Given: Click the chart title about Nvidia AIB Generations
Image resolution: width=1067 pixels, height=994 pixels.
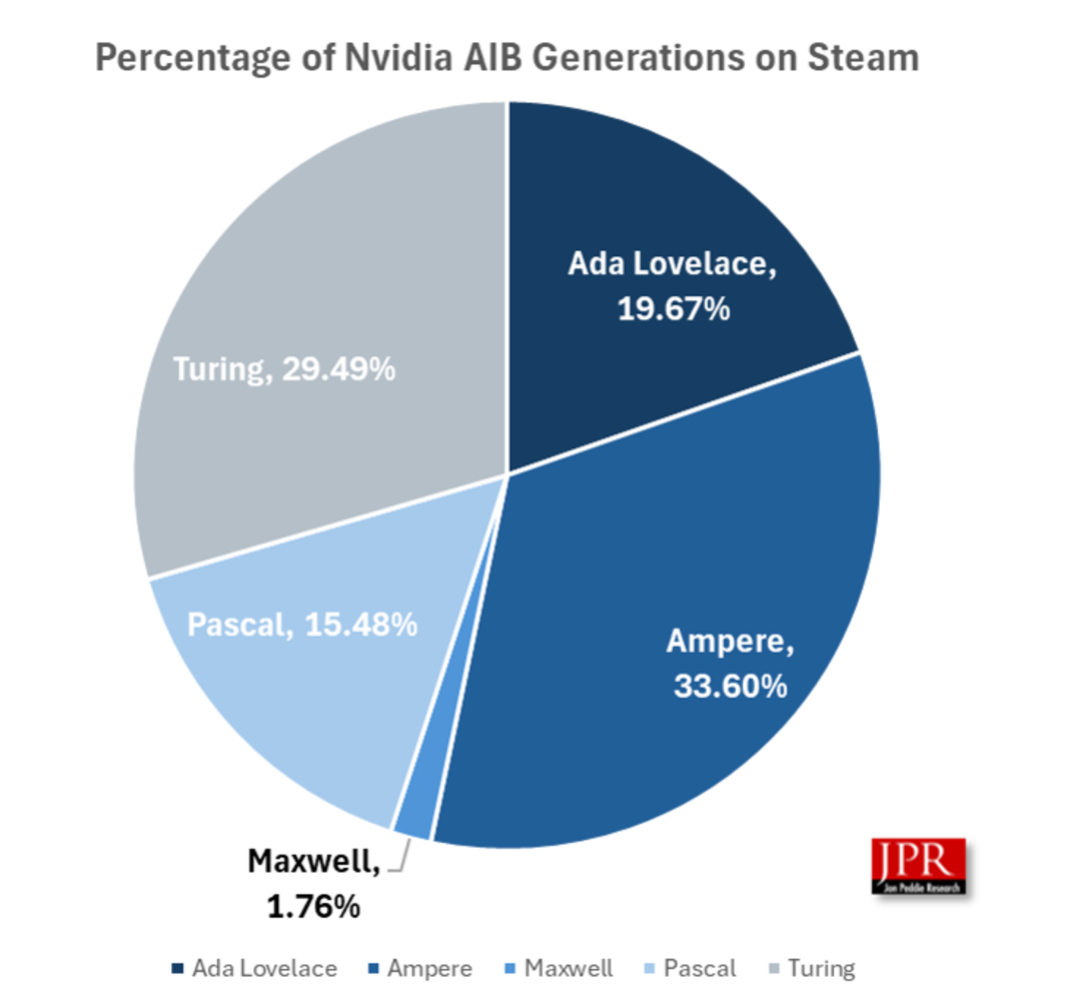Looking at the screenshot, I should click(x=507, y=57).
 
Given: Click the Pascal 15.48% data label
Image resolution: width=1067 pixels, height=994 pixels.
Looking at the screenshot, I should click(x=302, y=625).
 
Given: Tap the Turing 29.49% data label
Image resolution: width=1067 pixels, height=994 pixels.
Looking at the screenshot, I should click(x=284, y=369).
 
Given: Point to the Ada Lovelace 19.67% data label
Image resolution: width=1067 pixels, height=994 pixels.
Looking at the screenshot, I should click(x=673, y=286).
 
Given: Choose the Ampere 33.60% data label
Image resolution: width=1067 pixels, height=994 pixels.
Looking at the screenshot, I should click(x=730, y=663).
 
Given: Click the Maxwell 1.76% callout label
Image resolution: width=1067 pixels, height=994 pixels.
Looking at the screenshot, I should click(x=314, y=883).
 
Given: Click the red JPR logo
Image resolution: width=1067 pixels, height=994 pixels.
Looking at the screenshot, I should click(x=918, y=866).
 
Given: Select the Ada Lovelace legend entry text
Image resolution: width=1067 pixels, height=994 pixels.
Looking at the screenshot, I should click(x=265, y=968).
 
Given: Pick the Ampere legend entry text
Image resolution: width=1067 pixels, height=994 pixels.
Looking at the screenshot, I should click(x=429, y=968).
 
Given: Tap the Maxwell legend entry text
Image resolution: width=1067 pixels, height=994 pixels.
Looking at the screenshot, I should click(x=569, y=968).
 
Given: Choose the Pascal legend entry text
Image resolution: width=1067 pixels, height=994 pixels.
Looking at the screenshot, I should click(x=700, y=968).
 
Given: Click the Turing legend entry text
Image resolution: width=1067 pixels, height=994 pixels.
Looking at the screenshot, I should click(x=822, y=968).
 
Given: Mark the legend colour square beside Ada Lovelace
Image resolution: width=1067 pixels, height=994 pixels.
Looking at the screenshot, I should click(x=177, y=968).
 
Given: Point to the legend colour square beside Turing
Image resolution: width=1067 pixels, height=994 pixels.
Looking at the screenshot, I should click(x=774, y=968).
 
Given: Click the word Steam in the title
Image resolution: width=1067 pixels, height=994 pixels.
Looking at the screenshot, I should click(x=863, y=57).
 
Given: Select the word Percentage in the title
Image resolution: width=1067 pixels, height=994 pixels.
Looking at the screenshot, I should click(x=193, y=57).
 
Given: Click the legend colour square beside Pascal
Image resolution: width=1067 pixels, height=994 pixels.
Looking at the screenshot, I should click(x=649, y=968).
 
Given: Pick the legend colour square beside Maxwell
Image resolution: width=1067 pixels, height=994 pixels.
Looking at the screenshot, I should click(x=511, y=968).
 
